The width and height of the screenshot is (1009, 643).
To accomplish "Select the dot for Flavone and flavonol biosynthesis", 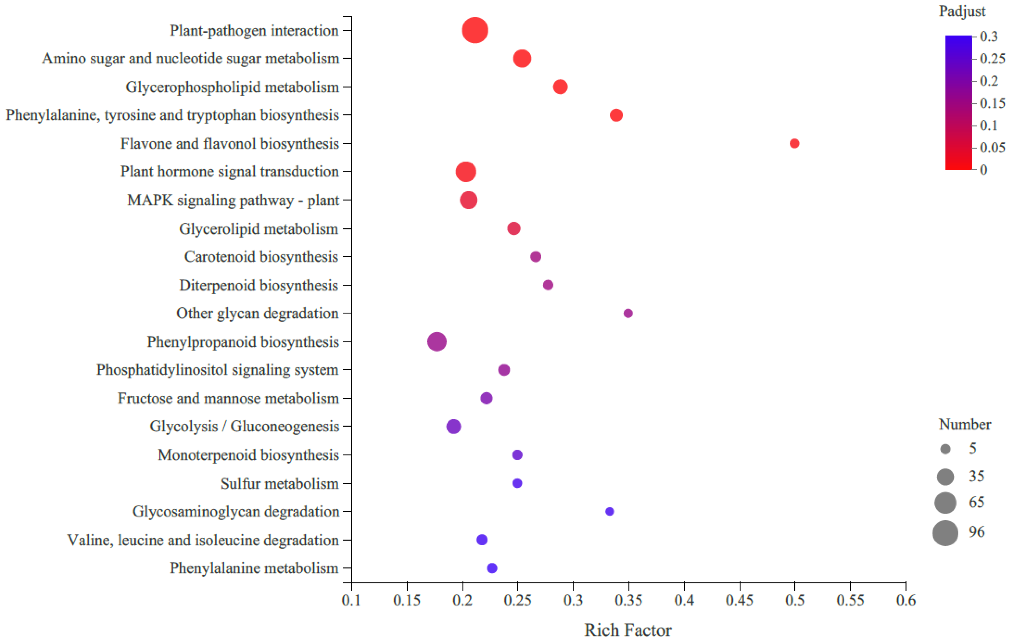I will click(794, 143).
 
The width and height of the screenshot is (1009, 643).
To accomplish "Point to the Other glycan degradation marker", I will click(628, 313).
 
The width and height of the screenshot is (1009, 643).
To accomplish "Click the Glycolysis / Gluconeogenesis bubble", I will click(453, 426).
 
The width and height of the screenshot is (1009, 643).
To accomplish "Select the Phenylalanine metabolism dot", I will click(492, 568).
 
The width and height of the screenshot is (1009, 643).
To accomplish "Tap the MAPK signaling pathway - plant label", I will click(233, 200).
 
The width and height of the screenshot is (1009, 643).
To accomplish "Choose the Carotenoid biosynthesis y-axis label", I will click(261, 257).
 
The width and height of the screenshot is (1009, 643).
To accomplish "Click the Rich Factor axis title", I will click(628, 630).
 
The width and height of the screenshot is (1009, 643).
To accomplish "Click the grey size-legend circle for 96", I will click(945, 533).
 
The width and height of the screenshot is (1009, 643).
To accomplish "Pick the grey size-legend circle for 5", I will click(945, 449).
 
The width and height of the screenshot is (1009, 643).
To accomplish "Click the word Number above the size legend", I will click(964, 424).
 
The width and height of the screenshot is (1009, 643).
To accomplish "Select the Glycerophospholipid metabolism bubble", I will click(560, 87).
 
